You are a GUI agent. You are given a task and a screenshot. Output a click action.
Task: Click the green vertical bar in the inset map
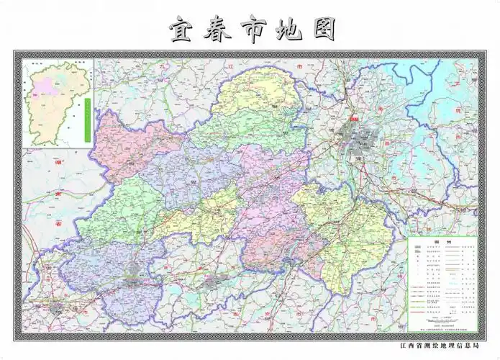pyautogui.click(x=86, y=119)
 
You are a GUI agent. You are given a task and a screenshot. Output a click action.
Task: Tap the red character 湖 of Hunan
pyautogui.click(x=59, y=164)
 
